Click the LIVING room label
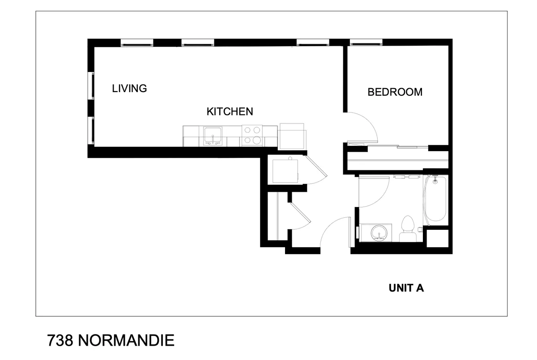click(129, 88)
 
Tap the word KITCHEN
click(230, 111)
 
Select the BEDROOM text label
click(395, 92)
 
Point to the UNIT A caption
click(406, 288)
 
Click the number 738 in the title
click(60, 341)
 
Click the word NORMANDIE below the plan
click(126, 341)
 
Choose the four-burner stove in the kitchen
click(252, 136)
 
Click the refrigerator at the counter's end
click(292, 136)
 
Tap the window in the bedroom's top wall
click(366, 43)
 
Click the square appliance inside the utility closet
click(286, 170)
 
